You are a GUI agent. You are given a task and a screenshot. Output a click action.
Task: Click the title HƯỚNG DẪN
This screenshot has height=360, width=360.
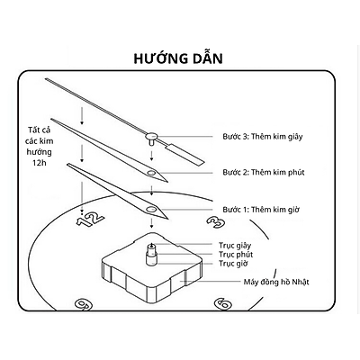178,58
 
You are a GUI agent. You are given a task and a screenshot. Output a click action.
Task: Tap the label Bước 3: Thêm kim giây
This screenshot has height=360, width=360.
263,137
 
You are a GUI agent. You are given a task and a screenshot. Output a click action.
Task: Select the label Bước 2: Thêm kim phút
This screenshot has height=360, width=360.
264,173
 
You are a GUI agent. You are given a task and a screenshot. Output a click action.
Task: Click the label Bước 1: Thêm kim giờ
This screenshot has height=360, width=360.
261,210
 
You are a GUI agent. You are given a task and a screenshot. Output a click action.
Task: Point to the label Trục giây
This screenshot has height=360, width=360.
235,246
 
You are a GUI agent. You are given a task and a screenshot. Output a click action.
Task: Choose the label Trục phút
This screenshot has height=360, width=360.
236,255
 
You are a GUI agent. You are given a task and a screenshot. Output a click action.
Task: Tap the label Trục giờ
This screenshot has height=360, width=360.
233,264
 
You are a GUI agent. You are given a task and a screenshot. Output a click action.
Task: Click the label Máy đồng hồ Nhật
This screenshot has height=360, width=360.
276,282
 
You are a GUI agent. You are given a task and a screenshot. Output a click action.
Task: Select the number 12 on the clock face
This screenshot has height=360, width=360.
90,220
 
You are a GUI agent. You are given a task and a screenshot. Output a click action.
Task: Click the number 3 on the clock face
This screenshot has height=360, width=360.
216,222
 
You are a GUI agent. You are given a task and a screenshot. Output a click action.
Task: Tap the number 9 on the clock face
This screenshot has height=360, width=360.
84,305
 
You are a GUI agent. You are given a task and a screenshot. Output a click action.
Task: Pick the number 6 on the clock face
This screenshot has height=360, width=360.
223,304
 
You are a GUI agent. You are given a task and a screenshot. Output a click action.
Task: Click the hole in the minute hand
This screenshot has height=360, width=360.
152,173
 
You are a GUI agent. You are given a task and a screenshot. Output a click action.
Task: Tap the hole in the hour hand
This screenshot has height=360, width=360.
151,210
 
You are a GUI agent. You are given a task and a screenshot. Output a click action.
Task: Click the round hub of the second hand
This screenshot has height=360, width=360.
152,137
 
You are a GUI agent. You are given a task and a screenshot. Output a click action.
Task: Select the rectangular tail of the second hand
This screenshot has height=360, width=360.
184,154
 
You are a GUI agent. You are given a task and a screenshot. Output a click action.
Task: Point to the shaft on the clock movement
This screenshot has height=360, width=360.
151,254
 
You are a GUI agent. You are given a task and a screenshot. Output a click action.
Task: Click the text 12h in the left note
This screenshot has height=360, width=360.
39,164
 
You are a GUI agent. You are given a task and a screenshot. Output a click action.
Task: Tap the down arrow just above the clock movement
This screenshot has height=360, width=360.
152,223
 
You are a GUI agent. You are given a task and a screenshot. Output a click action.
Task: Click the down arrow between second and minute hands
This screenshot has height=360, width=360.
152,156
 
